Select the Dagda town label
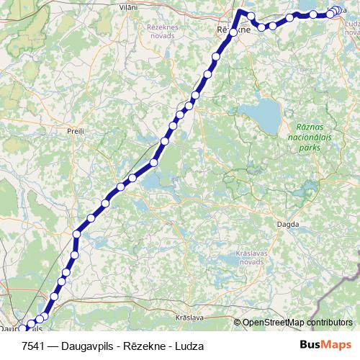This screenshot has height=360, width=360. [288, 225]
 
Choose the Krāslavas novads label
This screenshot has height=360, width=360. [253, 259]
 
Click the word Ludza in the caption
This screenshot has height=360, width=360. [189, 346]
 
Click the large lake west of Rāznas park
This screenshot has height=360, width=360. [261, 112]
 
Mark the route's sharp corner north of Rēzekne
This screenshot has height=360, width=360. [240, 13]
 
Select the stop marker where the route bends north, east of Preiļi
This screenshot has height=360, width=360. [76, 233]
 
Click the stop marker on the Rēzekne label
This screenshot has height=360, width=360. [233, 32]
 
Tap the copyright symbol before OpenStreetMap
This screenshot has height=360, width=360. [238, 322]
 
